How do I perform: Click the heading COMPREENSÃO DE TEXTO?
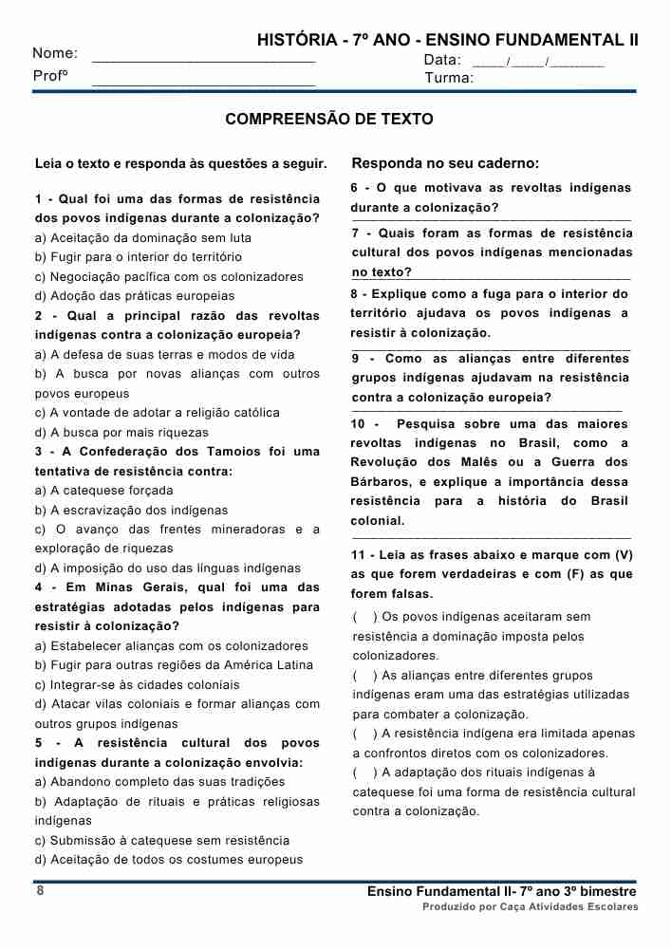pyautogui.click(x=329, y=120)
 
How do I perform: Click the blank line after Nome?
pyautogui.click(x=203, y=59)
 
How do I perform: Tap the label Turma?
pyautogui.click(x=448, y=78)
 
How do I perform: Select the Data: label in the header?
pyautogui.click(x=442, y=60)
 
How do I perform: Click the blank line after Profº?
pyautogui.click(x=203, y=84)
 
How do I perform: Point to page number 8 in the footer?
pyautogui.click(x=40, y=891)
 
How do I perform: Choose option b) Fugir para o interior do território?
pyautogui.click(x=139, y=257)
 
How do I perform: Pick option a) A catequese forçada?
pyautogui.click(x=104, y=491)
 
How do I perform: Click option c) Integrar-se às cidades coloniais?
pyautogui.click(x=138, y=684)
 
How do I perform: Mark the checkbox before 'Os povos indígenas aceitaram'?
pyautogui.click(x=361, y=617)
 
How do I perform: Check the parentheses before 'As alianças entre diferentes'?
pyautogui.click(x=361, y=676)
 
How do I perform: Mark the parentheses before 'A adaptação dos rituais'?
pyautogui.click(x=361, y=772)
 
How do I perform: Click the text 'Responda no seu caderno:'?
pyautogui.click(x=445, y=162)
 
